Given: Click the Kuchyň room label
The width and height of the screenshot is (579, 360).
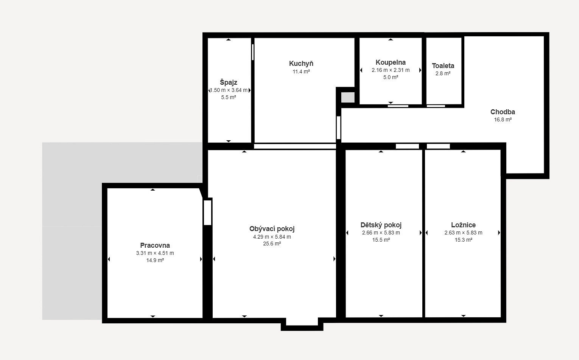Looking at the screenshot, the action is click(301, 64).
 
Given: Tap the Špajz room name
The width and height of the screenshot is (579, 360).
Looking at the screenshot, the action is click(229, 82).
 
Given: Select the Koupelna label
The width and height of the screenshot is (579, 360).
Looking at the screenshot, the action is click(391, 62).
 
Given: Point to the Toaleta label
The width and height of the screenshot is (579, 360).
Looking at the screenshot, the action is click(443, 65).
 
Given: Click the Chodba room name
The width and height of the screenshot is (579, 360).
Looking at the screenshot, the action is click(503, 112).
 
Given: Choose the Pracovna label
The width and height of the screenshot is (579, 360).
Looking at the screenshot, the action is click(155, 245).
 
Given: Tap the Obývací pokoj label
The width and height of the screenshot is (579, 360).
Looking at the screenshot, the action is click(272, 228).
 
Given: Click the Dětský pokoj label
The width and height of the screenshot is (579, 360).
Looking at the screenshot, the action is click(381, 225).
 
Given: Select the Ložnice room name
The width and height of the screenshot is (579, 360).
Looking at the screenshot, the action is click(464, 225).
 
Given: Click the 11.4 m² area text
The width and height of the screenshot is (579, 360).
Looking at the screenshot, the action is click(301, 71).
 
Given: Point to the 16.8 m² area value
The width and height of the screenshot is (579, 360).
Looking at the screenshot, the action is click(503, 119).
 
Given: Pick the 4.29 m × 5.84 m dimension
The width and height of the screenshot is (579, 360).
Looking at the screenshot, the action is click(272, 237).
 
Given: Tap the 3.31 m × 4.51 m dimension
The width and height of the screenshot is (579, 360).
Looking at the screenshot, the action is click(155, 253).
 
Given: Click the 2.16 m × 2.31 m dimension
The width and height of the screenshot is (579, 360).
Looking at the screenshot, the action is click(391, 70).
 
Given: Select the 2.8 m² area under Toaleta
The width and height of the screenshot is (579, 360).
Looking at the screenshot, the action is click(443, 73).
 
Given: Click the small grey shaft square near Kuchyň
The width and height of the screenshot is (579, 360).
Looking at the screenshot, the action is click(348, 97).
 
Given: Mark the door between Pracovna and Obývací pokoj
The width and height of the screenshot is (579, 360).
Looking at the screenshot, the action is click(207, 213).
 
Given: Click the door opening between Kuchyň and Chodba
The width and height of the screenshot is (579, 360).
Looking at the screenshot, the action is click(339, 127).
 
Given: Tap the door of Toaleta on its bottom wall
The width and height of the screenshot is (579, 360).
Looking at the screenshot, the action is click(436, 106).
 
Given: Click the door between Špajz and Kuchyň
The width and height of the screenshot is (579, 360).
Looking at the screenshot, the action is click(253, 52).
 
